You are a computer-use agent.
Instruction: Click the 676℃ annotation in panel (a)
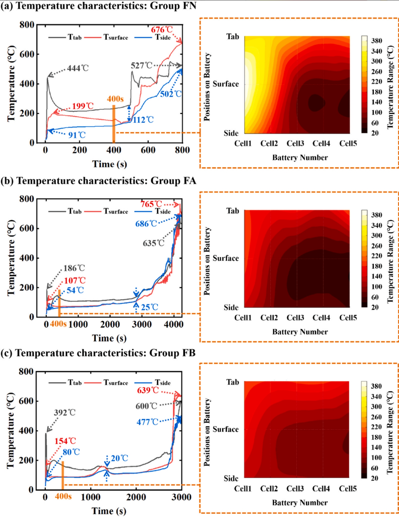click(162, 30)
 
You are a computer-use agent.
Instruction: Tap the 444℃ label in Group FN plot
click(78, 68)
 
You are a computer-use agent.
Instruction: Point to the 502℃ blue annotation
click(171, 94)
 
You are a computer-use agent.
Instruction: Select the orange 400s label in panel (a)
click(115, 99)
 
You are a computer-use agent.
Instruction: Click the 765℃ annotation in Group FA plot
click(151, 204)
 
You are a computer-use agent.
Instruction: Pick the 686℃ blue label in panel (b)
click(146, 224)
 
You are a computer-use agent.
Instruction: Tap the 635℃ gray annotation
click(154, 243)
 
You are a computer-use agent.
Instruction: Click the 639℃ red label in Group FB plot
click(148, 390)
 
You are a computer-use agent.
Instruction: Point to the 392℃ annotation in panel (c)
click(65, 413)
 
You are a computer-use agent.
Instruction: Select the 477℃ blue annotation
click(147, 422)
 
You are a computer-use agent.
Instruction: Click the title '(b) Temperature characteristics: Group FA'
click(98, 181)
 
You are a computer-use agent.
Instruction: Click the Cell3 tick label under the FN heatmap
click(295, 144)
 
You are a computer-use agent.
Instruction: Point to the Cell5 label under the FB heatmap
click(348, 489)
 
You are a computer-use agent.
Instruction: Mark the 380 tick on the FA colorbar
click(377, 215)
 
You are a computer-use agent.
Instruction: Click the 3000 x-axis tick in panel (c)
click(181, 497)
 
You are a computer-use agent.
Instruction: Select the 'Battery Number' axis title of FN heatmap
click(300, 157)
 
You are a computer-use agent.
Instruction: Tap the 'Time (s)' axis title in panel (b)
click(109, 338)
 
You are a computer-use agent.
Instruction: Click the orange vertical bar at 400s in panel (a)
click(114, 124)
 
